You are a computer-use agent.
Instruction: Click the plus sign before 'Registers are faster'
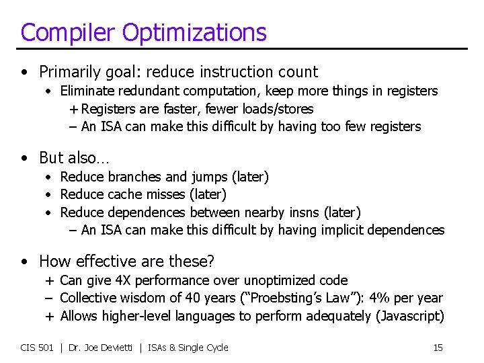[x=73, y=109]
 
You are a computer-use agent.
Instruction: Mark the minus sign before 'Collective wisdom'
[x=50, y=298]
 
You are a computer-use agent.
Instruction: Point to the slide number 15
[x=438, y=348]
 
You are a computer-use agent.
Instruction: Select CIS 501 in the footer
[x=37, y=348]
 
